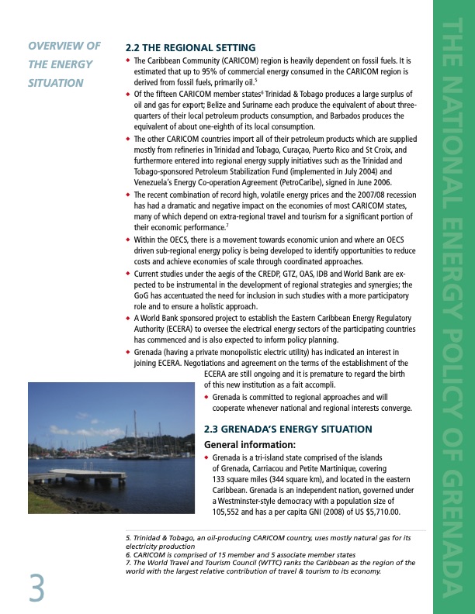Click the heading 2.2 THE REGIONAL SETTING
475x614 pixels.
coord(190,47)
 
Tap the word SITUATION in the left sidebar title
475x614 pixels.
coord(56,82)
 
